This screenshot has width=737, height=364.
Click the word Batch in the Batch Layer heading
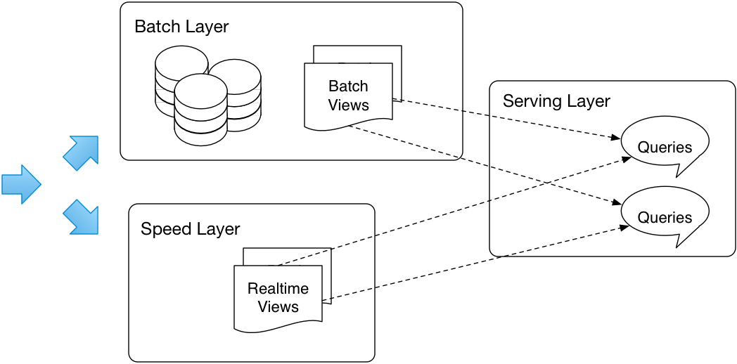[155, 27]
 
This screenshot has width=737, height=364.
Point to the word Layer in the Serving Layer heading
[588, 101]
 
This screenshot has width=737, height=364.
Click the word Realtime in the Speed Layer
[278, 289]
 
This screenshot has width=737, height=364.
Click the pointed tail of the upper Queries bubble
[677, 173]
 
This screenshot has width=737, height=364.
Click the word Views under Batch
[348, 105]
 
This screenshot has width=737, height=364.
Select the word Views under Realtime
[278, 307]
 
